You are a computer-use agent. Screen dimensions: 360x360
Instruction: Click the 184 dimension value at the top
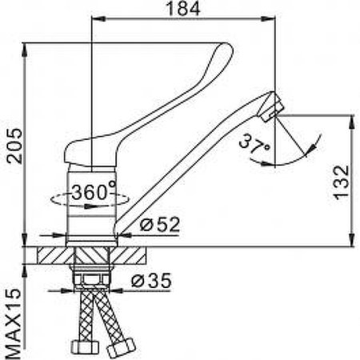coord(185,10)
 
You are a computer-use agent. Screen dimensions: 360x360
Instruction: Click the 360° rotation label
coord(93,192)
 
